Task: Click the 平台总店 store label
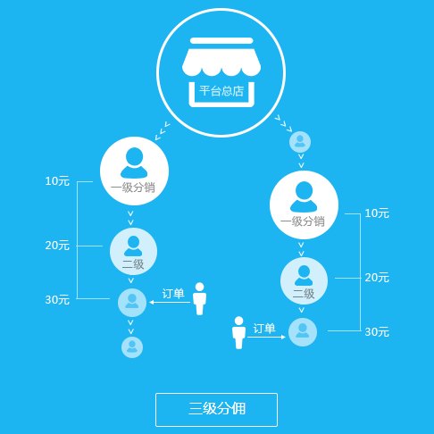coord(221,91)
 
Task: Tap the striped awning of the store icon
coord(221,61)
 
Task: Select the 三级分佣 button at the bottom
coord(216,410)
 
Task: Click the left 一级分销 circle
coord(134,171)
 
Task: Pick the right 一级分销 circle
coord(304,204)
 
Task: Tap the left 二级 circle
coord(133,252)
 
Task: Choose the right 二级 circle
coord(304,281)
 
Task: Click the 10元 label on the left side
coord(57,181)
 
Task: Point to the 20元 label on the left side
coord(57,246)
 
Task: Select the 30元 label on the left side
coord(57,299)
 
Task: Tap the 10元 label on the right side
coord(377,213)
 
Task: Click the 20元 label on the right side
coord(377,278)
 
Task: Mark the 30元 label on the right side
coord(377,331)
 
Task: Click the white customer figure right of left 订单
coord(199,298)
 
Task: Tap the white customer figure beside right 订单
coord(238,332)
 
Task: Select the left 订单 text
coord(173,294)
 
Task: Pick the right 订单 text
coord(264,329)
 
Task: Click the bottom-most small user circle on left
coord(132,347)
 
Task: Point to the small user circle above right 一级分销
coord(300,142)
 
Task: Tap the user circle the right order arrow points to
coord(303,332)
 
